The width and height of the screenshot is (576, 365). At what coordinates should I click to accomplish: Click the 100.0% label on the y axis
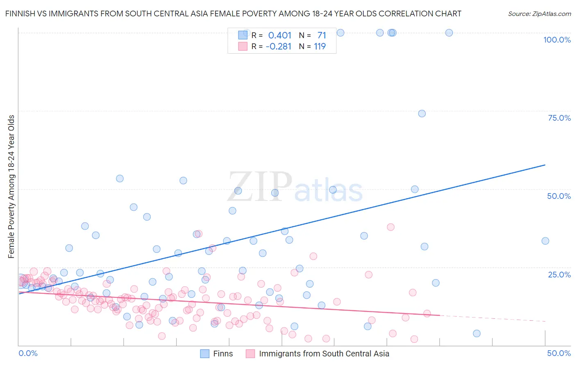click(557, 40)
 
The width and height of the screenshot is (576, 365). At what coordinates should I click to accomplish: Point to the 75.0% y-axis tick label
click(559, 118)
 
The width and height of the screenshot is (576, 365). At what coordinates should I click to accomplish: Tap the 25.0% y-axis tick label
click(559, 274)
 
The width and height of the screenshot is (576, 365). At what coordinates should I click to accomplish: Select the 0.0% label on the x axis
click(28, 353)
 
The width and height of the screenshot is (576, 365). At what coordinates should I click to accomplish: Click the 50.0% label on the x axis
click(559, 353)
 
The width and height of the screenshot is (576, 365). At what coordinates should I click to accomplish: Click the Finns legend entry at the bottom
click(222, 354)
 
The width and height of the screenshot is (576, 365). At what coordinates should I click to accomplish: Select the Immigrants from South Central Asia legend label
click(324, 354)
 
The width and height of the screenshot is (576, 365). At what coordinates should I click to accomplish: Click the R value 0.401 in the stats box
click(279, 36)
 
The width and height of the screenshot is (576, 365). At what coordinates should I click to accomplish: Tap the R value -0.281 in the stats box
click(278, 47)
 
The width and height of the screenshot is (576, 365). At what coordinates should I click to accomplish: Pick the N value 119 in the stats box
click(320, 47)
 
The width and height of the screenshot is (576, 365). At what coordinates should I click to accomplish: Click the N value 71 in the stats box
click(321, 36)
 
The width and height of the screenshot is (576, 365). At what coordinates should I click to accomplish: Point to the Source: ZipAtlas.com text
click(539, 14)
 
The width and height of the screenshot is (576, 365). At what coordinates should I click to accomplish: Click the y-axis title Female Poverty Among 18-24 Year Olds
click(11, 187)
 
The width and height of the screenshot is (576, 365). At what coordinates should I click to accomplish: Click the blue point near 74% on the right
click(422, 113)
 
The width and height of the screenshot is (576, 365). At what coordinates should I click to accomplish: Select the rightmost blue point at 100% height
click(449, 33)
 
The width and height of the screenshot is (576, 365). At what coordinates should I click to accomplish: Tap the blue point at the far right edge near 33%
click(545, 241)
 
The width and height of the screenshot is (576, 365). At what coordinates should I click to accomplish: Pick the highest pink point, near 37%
click(391, 227)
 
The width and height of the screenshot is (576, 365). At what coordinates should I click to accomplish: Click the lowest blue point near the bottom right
click(476, 333)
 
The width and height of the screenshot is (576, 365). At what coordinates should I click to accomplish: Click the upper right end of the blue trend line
click(545, 165)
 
